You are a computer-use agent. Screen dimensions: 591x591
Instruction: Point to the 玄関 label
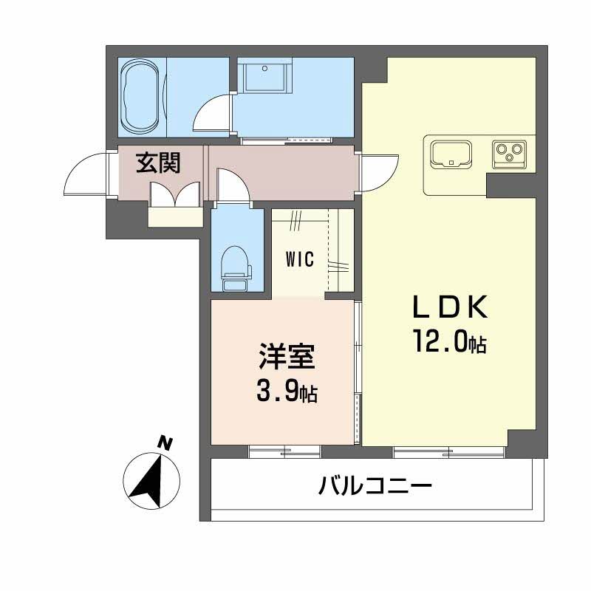click(157, 162)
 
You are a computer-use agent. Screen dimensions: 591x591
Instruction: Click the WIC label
click(301, 259)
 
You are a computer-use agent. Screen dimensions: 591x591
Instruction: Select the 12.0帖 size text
click(448, 341)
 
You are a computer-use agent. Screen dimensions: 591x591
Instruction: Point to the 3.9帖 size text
click(287, 392)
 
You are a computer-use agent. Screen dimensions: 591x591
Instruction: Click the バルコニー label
click(375, 486)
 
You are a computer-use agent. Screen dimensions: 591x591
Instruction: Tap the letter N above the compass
click(166, 443)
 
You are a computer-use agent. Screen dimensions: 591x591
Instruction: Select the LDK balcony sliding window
click(448, 451)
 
